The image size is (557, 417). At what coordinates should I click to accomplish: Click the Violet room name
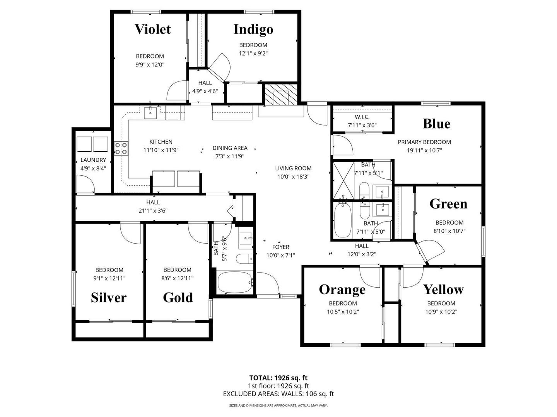click(x=152, y=29)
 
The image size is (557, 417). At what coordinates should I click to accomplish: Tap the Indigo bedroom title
click(x=253, y=30)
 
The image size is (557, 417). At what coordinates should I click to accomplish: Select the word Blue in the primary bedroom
click(x=436, y=124)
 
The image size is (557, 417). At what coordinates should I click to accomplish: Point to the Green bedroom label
click(x=448, y=204)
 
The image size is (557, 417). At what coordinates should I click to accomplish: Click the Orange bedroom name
click(x=342, y=290)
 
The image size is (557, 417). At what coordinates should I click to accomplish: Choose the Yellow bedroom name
click(x=443, y=290)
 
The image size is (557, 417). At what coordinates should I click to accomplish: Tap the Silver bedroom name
click(x=109, y=297)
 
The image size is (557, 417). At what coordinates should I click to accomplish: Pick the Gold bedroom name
click(x=178, y=297)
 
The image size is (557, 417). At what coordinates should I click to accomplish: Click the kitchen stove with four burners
click(x=121, y=149)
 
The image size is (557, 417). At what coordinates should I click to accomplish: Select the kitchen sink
click(x=150, y=113)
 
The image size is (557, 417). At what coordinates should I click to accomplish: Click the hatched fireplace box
click(x=281, y=95)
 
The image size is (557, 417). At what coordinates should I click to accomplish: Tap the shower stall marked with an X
click(x=343, y=181)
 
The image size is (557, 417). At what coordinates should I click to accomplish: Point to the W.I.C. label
click(x=362, y=117)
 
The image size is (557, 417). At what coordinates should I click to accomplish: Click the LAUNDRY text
click(x=93, y=160)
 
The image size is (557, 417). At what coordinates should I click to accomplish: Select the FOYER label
click(x=281, y=247)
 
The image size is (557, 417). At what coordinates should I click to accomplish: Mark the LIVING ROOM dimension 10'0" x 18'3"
click(x=293, y=177)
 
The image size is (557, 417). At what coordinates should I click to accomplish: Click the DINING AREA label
click(x=230, y=148)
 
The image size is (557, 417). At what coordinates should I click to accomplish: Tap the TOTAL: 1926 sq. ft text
click(x=278, y=378)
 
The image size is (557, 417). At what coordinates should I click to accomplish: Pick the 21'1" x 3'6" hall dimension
click(x=153, y=211)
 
